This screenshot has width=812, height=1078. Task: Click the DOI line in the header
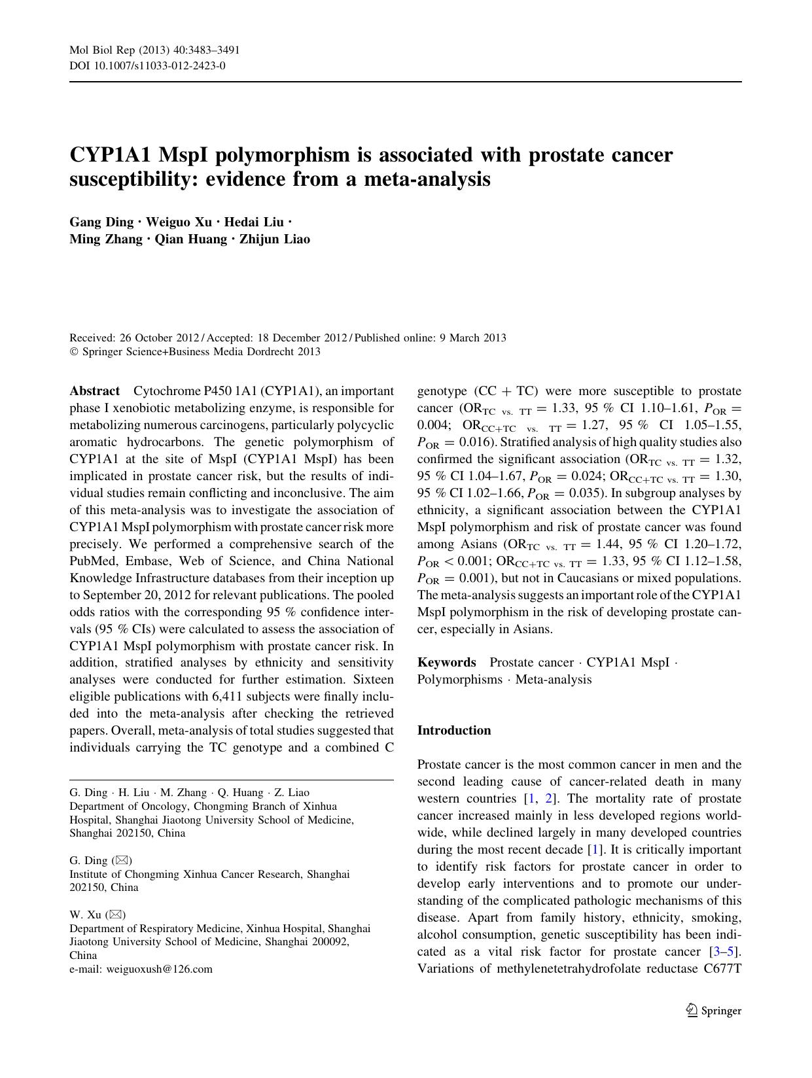(148, 65)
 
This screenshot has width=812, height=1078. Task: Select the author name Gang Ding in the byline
(101, 222)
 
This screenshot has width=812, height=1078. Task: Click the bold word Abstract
(95, 391)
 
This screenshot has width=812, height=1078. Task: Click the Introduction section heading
(454, 731)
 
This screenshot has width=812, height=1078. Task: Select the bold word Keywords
(447, 662)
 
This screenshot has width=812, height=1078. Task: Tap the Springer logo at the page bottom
(714, 1011)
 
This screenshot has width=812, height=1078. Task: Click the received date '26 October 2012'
(159, 338)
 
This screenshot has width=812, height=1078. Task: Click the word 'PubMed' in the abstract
(94, 561)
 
